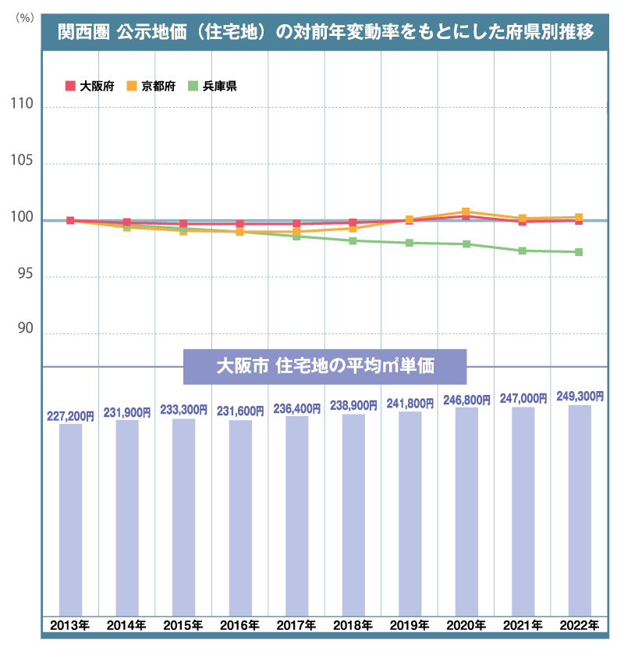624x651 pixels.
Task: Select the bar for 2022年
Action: click(x=580, y=509)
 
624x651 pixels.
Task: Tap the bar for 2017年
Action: click(x=297, y=514)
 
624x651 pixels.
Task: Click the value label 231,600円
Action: click(x=240, y=411)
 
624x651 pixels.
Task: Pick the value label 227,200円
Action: click(x=70, y=417)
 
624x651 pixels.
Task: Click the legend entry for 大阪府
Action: click(x=91, y=87)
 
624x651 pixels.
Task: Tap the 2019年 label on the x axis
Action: click(x=409, y=625)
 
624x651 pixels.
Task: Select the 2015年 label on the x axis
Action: click(x=184, y=625)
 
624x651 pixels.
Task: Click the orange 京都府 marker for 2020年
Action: click(x=466, y=212)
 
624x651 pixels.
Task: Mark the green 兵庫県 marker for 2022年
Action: click(x=579, y=252)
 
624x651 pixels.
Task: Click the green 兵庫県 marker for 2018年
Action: click(x=353, y=240)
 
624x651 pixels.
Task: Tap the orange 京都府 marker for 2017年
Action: click(x=296, y=232)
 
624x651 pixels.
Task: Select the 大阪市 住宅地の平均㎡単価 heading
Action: click(x=324, y=365)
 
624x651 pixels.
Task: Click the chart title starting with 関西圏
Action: click(x=325, y=32)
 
